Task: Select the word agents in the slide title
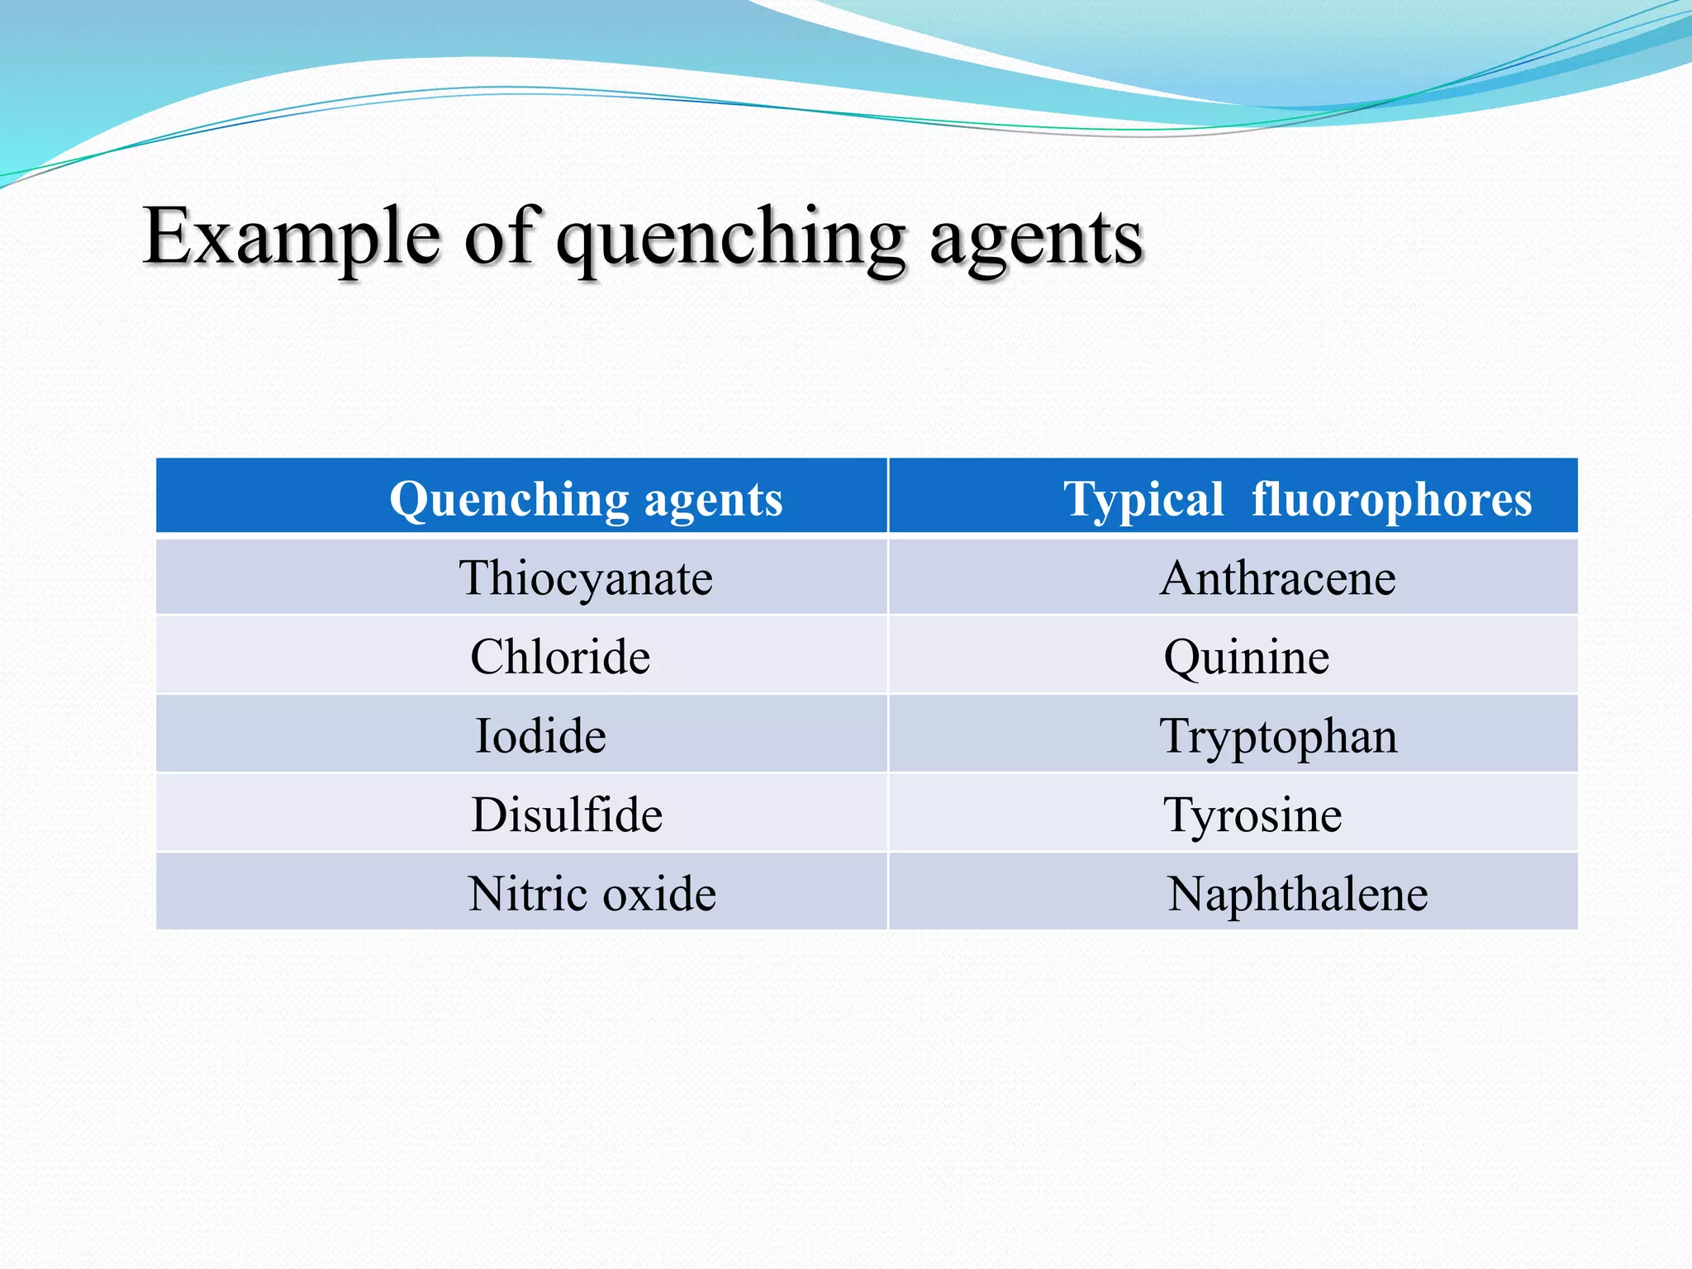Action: (1036, 240)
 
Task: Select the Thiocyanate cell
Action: (586, 577)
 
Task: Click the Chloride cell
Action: (560, 657)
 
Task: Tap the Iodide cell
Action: (540, 736)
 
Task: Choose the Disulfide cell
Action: (567, 815)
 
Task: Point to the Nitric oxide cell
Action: (592, 894)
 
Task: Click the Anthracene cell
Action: (1277, 577)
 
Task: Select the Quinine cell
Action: (1246, 657)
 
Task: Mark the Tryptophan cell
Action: (1278, 736)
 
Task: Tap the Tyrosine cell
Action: (1252, 815)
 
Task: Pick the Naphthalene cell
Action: (1297, 894)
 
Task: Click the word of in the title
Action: (502, 237)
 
